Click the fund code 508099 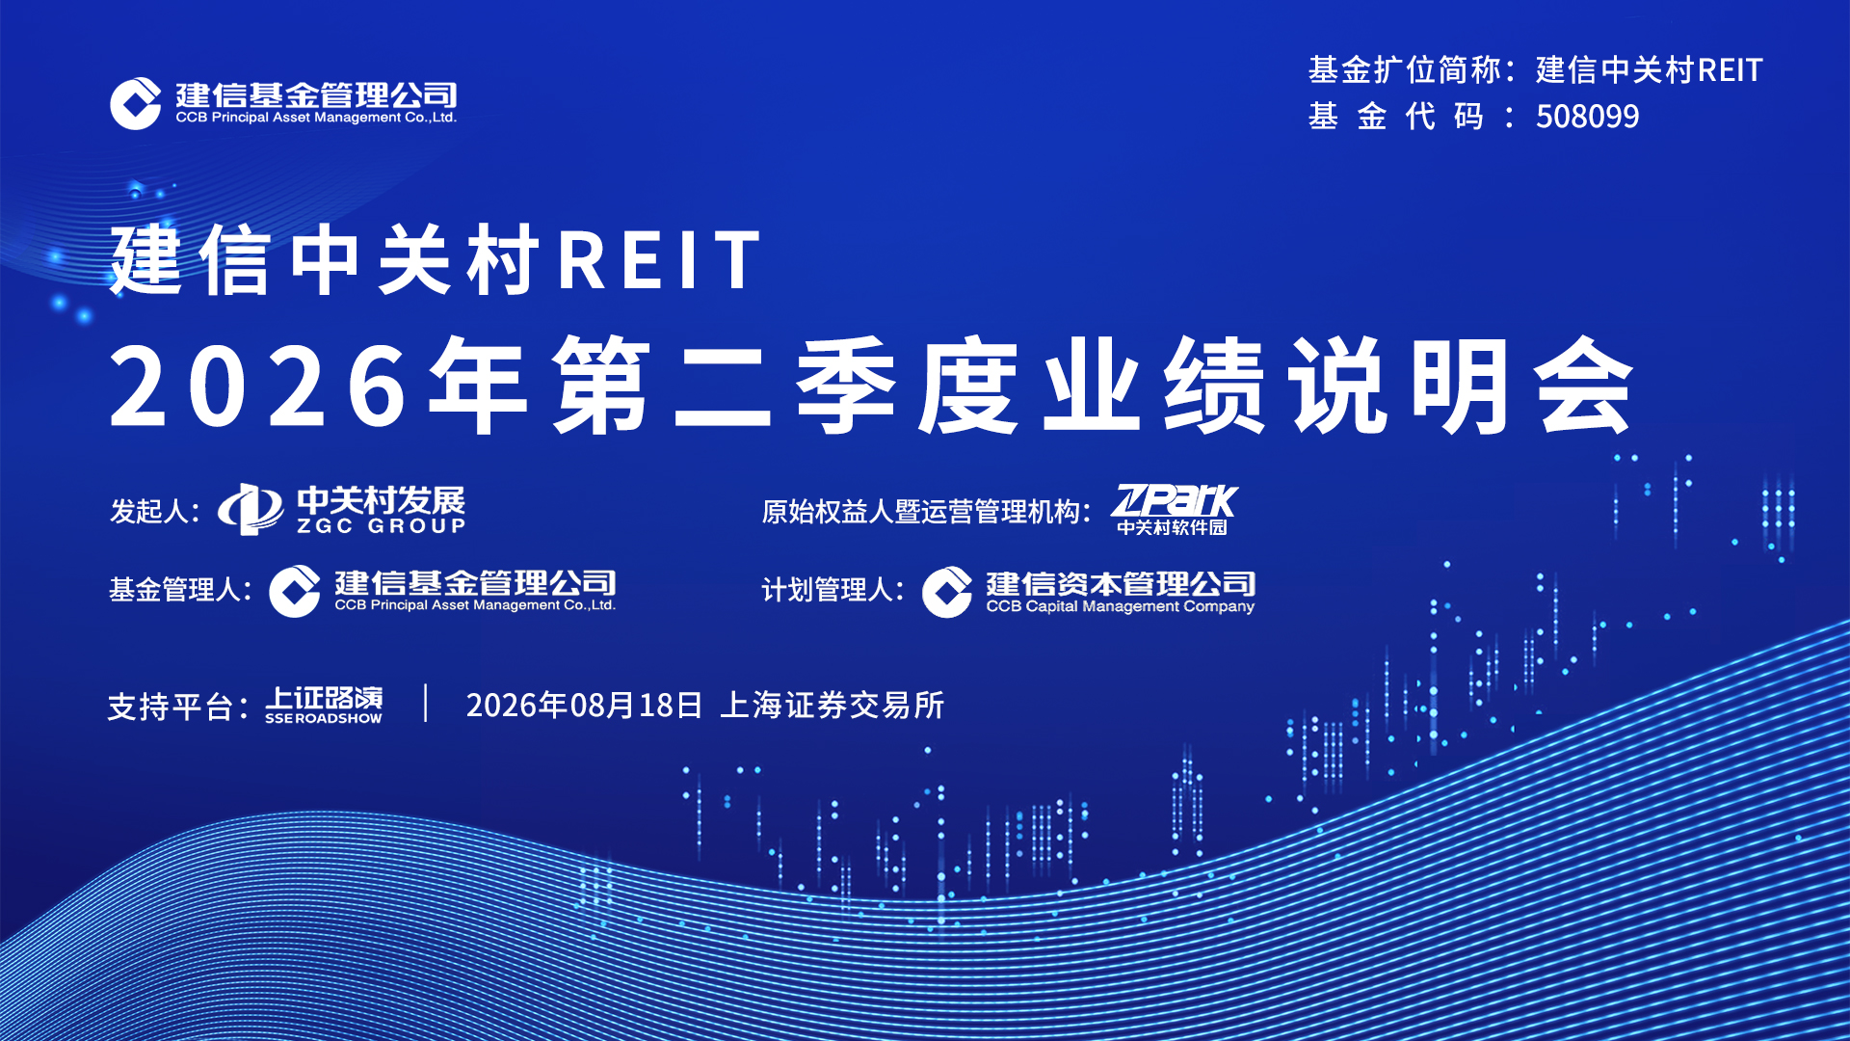(x=1587, y=117)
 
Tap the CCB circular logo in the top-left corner (x=135, y=103)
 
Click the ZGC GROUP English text (x=382, y=526)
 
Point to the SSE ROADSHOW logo (x=324, y=705)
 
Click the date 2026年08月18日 (x=584, y=706)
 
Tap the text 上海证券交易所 (x=832, y=706)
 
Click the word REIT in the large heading (x=661, y=260)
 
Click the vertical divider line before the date (x=426, y=704)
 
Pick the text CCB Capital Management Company (x=1120, y=606)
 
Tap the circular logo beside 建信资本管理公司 (x=947, y=592)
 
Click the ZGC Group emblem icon (x=251, y=509)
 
